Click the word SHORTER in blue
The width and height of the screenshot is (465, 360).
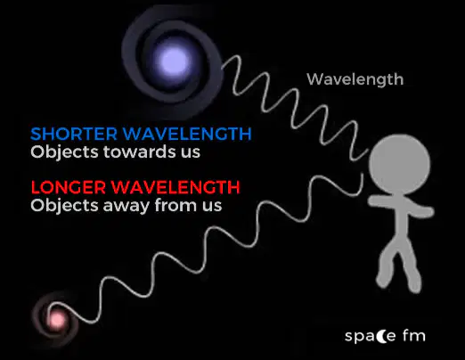[74, 134]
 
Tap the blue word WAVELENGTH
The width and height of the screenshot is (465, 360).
[187, 134]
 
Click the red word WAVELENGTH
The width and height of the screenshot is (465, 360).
[175, 187]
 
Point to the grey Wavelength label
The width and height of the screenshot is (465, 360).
[355, 79]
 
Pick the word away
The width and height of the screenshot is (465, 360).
[126, 206]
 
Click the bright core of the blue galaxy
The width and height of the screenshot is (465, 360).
[174, 61]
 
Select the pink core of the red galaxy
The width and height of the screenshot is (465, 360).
[56, 320]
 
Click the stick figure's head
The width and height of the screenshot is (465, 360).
[399, 165]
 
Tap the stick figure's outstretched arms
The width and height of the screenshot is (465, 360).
[401, 206]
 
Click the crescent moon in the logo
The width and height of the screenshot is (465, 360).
[382, 336]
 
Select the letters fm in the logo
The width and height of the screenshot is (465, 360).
[414, 335]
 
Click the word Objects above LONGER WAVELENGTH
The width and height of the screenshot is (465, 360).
[64, 152]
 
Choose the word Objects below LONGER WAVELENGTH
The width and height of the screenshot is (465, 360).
[64, 206]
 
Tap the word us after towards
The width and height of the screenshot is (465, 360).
[189, 153]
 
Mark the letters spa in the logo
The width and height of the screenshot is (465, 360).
[360, 337]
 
